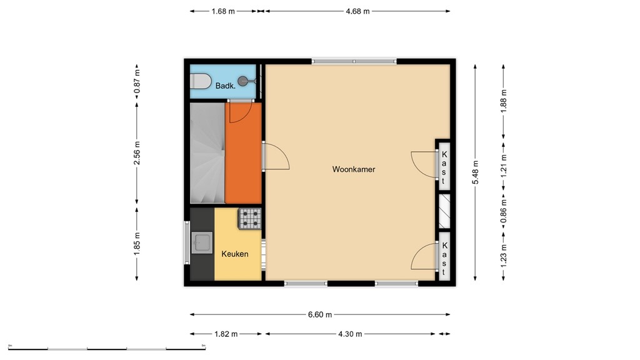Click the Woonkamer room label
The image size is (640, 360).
click(354, 169)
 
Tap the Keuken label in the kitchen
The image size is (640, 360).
click(235, 254)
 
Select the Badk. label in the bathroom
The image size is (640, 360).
click(226, 86)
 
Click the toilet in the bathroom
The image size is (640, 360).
click(201, 81)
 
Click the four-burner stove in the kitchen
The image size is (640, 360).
click(251, 218)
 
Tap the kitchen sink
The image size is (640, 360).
click(202, 242)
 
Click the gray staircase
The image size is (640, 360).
click(207, 154)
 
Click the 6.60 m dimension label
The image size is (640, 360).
click(320, 314)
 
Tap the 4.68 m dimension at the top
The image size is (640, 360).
click(357, 11)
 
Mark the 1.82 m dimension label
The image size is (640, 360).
click(226, 334)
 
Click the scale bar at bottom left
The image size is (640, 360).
click(106, 347)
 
